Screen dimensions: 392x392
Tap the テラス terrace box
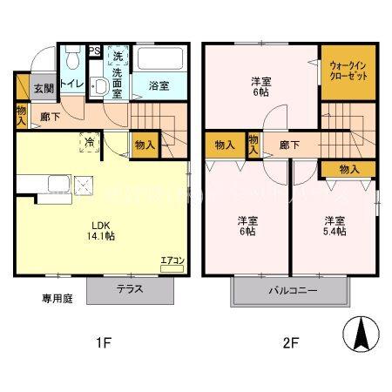point(127,288)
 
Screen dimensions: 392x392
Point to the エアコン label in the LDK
point(172,260)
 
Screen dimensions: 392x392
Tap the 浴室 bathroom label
point(158,85)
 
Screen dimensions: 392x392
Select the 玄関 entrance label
point(44,88)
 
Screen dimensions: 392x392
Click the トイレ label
point(73,85)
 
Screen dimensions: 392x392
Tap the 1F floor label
point(104,341)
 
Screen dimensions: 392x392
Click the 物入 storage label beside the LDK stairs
point(145,145)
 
